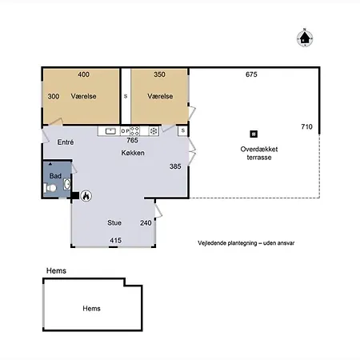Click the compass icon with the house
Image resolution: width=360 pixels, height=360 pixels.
coord(305,38)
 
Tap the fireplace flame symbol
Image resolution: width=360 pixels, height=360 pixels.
coord(86,196)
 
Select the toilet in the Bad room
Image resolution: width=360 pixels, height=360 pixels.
coord(50,188)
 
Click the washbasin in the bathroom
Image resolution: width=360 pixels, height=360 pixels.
coord(67,184)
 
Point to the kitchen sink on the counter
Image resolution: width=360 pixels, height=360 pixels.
coord(110,131)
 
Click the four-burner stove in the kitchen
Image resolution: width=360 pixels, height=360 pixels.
coord(134,131)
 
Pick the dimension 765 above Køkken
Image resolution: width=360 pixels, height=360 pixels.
coord(132,140)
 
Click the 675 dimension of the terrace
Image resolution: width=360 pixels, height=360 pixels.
coord(251,74)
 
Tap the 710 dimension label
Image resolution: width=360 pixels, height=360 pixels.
coord(306,126)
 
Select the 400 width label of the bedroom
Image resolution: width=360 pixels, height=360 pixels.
coord(83,74)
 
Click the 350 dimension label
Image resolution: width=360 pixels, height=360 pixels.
coord(159,74)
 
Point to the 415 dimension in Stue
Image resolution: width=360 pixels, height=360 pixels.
coord(115,240)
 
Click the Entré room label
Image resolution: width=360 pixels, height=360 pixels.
coord(66,142)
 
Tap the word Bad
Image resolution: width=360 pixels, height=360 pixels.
coord(55,176)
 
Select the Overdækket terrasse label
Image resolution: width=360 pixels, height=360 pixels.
coord(259,153)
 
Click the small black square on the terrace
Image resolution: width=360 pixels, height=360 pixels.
coord(254,134)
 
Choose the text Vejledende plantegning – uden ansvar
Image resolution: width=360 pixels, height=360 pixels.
coord(246,243)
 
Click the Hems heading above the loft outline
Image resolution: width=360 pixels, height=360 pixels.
coord(56,270)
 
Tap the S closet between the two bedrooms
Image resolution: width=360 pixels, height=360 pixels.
coord(126,96)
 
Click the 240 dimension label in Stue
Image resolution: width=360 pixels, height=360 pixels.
coord(146,223)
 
